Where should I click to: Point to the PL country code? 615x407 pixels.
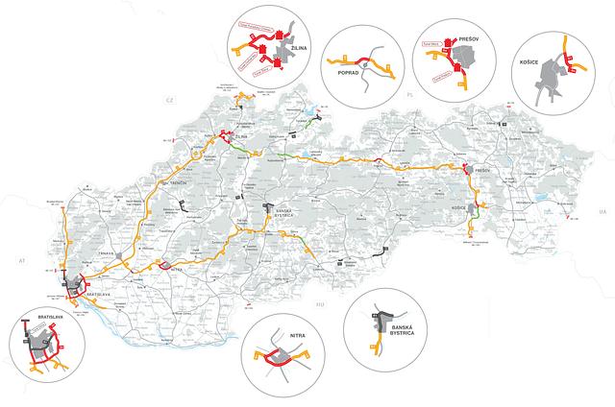tap(407, 97)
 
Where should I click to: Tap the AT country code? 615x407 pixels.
tap(19, 260)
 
